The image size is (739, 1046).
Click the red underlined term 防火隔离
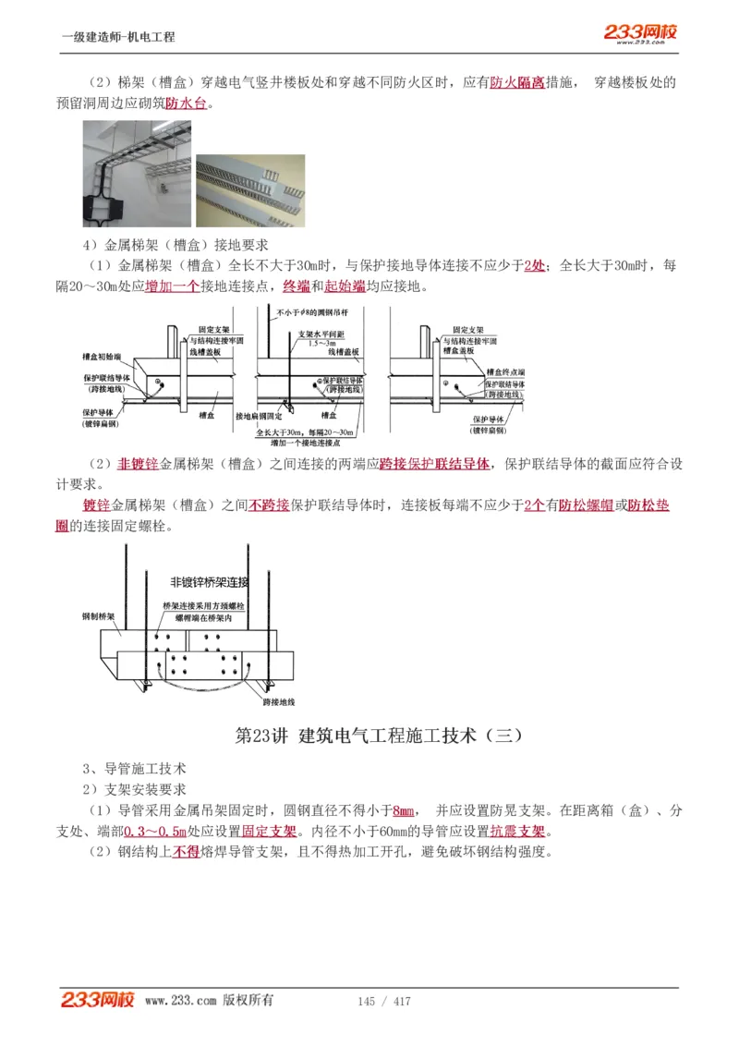point(516,82)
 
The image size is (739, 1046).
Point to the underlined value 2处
point(534,265)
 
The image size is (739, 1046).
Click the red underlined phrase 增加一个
point(173,286)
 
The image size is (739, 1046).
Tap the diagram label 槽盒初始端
point(101,355)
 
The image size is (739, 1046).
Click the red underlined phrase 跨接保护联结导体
point(434,463)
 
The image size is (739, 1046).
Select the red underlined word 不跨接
point(269,505)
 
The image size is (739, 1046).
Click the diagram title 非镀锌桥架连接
point(209,582)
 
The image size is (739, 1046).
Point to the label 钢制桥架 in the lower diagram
point(98,615)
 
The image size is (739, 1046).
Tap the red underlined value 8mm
point(403,810)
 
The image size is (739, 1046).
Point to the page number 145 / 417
point(383,1001)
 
